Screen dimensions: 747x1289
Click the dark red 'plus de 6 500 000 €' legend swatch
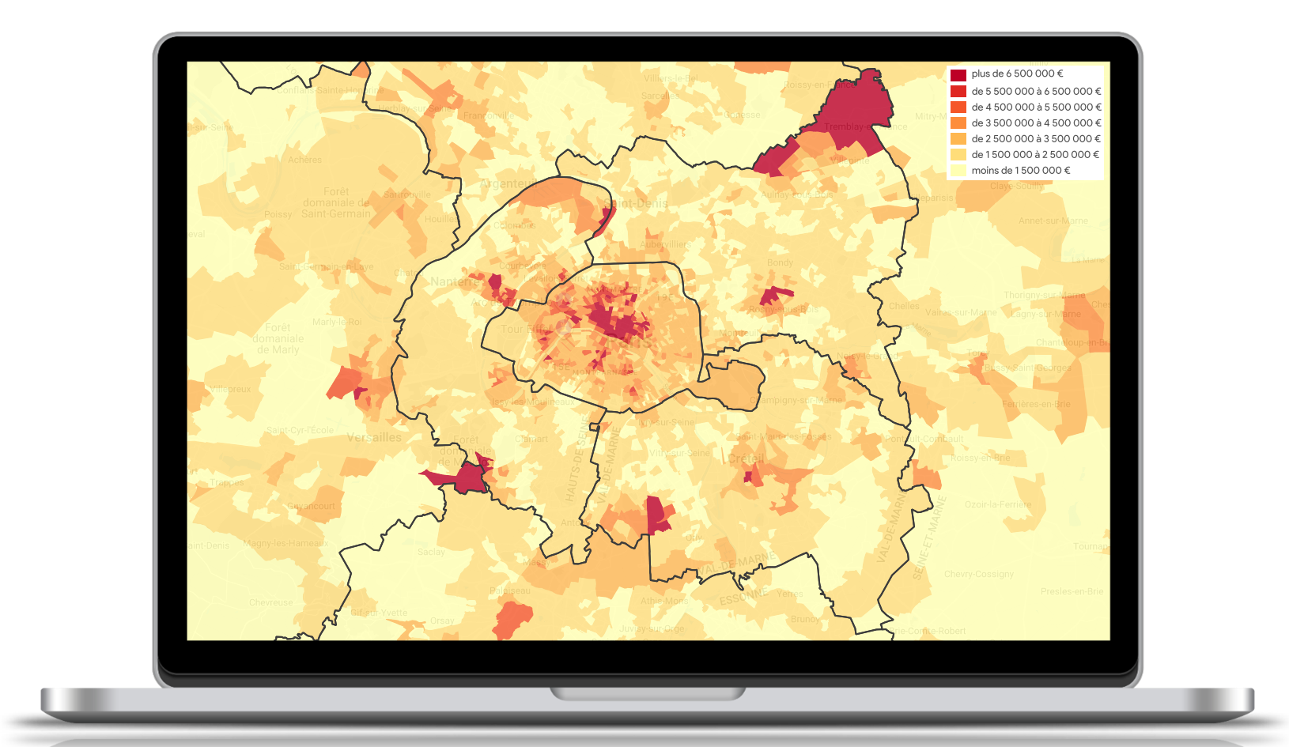[958, 75]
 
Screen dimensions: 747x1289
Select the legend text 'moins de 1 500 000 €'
[1020, 171]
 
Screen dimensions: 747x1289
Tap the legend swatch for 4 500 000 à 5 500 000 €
[958, 108]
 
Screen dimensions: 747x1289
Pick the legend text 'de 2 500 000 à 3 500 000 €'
[1036, 139]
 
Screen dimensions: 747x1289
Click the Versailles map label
[374, 437]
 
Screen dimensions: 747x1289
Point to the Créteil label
[747, 458]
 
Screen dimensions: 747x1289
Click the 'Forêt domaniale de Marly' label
[278, 338]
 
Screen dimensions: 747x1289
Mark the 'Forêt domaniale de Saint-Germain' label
[336, 203]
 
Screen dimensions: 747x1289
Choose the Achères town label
[304, 160]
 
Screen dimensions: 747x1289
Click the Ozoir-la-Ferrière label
[998, 504]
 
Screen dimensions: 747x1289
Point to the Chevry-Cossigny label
[978, 574]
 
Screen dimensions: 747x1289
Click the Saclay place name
[431, 552]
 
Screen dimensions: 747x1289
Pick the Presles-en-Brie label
[1072, 591]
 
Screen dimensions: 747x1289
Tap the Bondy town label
[780, 262]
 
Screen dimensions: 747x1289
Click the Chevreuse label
[270, 602]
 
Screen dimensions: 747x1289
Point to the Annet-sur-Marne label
[1053, 221]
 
